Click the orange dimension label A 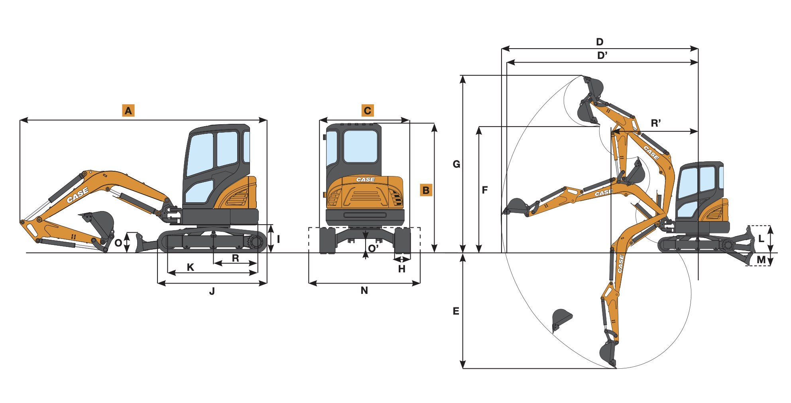[x=128, y=110]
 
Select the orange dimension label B [x=426, y=190]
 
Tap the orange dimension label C [x=368, y=110]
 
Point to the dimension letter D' [x=602, y=56]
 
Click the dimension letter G [x=456, y=164]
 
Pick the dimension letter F [x=485, y=190]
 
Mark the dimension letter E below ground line [x=456, y=311]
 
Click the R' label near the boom [x=656, y=123]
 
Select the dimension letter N [x=364, y=291]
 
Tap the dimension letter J [x=212, y=291]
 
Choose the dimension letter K [x=191, y=267]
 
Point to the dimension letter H [x=402, y=269]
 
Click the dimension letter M [x=761, y=260]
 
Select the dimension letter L [x=761, y=239]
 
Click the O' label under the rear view [x=373, y=248]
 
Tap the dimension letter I [x=278, y=239]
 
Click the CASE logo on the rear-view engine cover [x=366, y=180]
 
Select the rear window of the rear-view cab [x=360, y=146]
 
